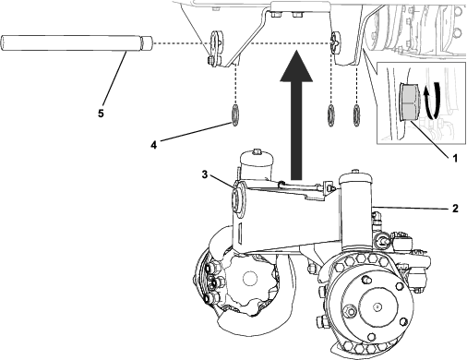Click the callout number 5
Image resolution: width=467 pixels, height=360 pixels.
coord(101,114)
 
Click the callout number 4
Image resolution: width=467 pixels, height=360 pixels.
coord(154,145)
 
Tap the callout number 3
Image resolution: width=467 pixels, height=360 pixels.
coord(205,174)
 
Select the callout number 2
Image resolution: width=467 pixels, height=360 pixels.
coord(455,209)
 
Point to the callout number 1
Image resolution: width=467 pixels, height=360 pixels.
coord(455,158)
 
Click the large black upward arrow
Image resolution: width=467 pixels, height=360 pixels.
coord(296,114)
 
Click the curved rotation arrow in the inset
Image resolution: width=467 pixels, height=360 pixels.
coord(432,102)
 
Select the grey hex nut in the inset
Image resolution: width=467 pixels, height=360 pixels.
coord(410,102)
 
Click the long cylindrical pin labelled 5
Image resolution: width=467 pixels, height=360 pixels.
coord(77,43)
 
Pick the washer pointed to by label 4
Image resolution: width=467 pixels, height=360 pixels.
coord(234,115)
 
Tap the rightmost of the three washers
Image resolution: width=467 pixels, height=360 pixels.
coord(357,115)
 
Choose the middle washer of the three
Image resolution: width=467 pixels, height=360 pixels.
coord(331,115)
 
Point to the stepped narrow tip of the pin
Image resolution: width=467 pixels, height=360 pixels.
coord(147,43)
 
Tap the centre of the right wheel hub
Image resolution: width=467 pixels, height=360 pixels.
coord(377,306)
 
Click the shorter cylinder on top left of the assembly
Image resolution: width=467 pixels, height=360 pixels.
coord(256,164)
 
